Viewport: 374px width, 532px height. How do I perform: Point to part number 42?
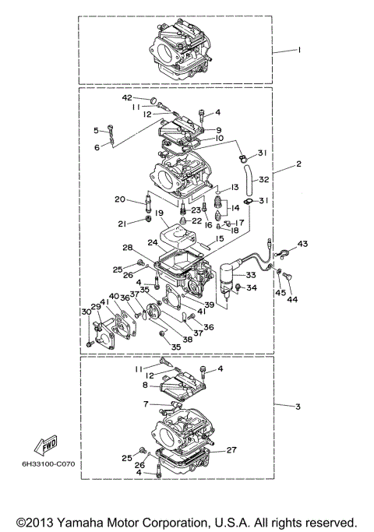[127, 98]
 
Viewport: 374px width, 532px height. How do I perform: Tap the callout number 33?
[251, 274]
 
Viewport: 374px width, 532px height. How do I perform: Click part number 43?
[302, 244]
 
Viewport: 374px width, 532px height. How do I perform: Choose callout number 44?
[292, 299]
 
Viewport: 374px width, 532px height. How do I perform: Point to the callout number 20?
[119, 199]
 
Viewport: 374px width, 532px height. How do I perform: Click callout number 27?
[231, 450]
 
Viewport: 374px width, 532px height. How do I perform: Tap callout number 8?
[145, 384]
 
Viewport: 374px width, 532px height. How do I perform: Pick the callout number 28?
[126, 248]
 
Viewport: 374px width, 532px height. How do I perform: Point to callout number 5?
[97, 130]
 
